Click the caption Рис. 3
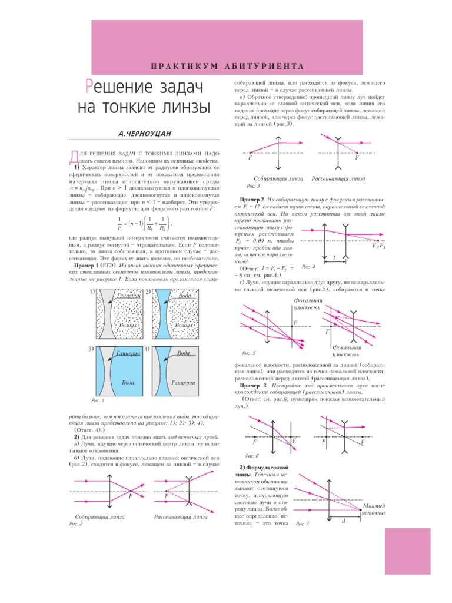pyautogui.click(x=253, y=186)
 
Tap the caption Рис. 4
pyautogui.click(x=308, y=267)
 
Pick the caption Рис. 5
pyautogui.click(x=249, y=353)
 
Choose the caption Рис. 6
pyautogui.click(x=251, y=456)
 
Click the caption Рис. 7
pyautogui.click(x=302, y=524)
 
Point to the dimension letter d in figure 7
pyautogui.click(x=343, y=522)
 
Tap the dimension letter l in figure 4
pyautogui.click(x=334, y=259)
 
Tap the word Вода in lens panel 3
pyautogui.click(x=128, y=382)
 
